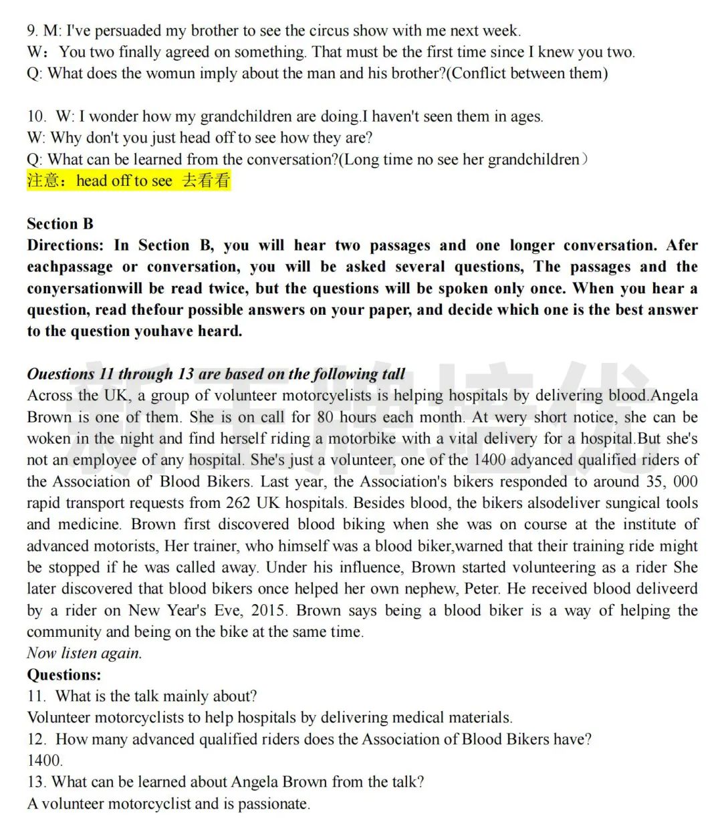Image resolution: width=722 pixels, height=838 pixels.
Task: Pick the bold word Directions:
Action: tap(66, 245)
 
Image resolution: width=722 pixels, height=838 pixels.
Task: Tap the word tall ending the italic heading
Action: tap(393, 374)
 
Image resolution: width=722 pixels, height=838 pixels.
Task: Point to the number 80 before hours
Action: tap(325, 417)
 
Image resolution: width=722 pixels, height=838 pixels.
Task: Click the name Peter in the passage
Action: tap(481, 589)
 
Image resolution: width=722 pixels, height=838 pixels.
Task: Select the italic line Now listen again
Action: tap(84, 653)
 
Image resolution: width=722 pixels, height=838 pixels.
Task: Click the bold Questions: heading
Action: tap(64, 674)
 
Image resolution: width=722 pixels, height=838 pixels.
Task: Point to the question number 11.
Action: tap(36, 696)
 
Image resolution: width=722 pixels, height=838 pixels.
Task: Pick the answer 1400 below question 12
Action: tap(44, 760)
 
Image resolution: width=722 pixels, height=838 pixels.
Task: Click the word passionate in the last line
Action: tap(273, 803)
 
